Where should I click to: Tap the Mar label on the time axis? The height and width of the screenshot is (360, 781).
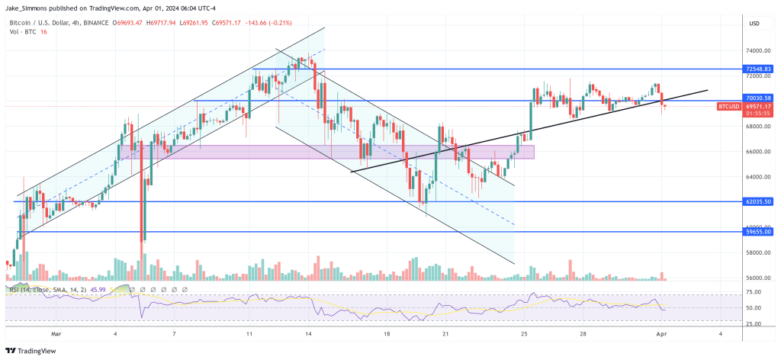(x=55, y=334)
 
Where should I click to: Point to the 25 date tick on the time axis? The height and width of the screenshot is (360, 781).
(x=524, y=334)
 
